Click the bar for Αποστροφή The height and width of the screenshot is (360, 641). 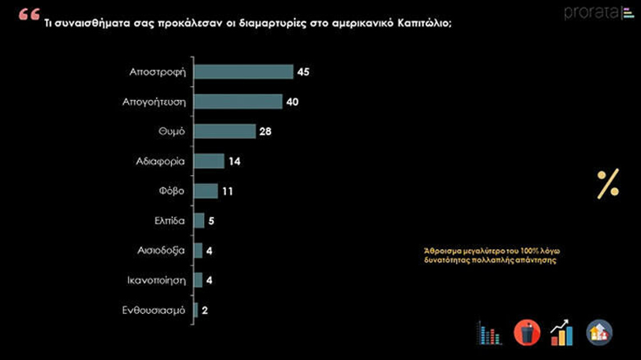point(243,72)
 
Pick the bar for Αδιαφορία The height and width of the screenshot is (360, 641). point(209,161)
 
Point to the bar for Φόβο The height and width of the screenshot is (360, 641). point(205,191)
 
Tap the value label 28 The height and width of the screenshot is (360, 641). point(265,132)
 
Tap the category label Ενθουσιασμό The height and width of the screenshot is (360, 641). point(154,310)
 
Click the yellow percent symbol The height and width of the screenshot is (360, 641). point(608,185)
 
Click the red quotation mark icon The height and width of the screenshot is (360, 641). point(27,17)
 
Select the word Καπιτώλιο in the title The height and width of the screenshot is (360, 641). point(421,23)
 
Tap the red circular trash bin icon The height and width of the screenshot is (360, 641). point(526,332)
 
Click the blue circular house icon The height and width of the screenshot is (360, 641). point(599,332)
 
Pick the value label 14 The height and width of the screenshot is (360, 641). point(235,161)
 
